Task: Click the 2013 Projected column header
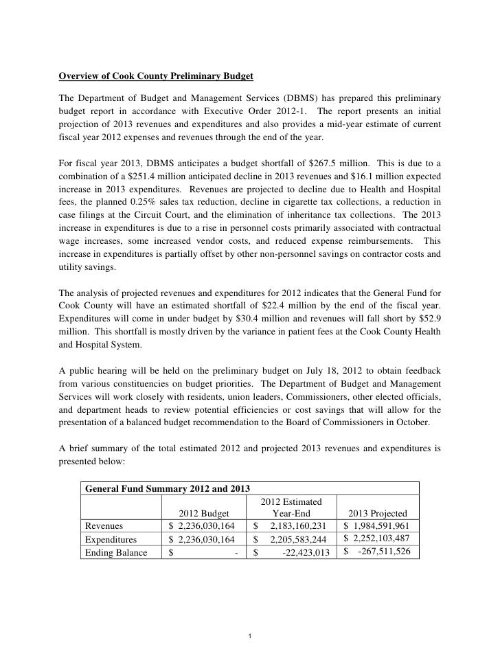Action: [x=378, y=513]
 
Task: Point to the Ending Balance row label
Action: [x=115, y=552]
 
